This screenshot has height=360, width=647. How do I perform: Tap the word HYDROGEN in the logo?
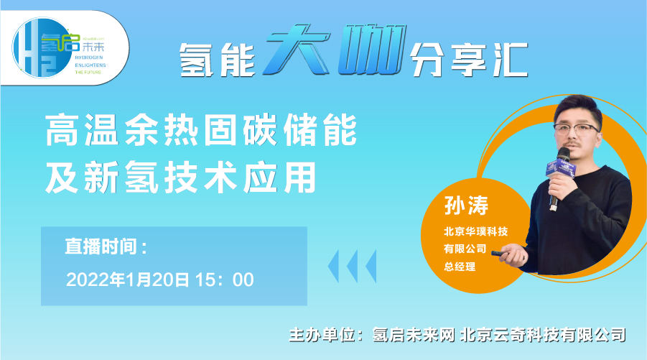click(89, 57)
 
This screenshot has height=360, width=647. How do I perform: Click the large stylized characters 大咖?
click(335, 50)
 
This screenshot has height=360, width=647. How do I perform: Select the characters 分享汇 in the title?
click(469, 60)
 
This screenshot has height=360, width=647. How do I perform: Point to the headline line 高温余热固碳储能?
click(201, 130)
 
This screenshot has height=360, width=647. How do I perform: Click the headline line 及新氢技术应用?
click(181, 177)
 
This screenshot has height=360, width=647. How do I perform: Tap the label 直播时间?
click(106, 246)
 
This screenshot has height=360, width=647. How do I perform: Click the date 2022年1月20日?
click(128, 280)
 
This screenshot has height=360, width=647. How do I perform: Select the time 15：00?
click(225, 280)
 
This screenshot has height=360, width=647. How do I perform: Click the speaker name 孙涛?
click(466, 206)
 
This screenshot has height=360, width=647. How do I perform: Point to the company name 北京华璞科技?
click(476, 231)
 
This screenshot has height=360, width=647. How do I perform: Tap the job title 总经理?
click(460, 267)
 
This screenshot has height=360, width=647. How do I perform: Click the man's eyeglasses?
click(577, 129)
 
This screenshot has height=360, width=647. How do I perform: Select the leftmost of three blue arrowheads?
click(333, 266)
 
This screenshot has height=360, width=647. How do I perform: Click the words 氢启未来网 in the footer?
click(414, 335)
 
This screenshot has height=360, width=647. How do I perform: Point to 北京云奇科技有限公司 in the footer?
click(543, 335)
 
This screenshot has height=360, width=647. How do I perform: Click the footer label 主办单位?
click(322, 335)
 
